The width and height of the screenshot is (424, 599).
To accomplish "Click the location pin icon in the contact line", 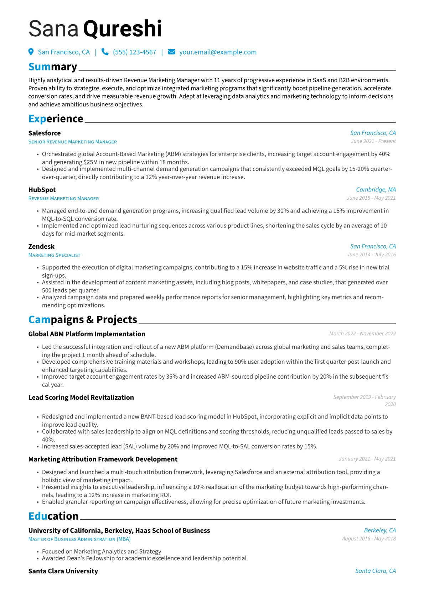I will pyautogui.click(x=31, y=52).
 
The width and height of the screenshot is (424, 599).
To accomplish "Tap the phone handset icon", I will pyautogui.click(x=105, y=52).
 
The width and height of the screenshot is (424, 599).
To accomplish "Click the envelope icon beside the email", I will pyautogui.click(x=171, y=52).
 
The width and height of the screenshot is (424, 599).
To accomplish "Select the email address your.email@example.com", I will pyautogui.click(x=218, y=52).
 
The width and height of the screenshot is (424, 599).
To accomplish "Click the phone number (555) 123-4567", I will pyautogui.click(x=134, y=52).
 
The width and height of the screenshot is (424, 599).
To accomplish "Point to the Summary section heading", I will pyautogui.click(x=53, y=67).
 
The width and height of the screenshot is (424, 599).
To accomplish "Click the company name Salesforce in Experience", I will pyautogui.click(x=45, y=133).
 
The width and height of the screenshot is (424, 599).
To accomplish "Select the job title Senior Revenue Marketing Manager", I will pyautogui.click(x=73, y=142).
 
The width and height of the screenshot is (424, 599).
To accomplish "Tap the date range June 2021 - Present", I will pyautogui.click(x=373, y=141).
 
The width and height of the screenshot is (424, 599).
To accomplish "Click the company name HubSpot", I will pyautogui.click(x=42, y=190).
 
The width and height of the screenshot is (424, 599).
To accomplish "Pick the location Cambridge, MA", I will pyautogui.click(x=376, y=190).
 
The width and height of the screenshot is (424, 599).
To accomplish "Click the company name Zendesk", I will pyautogui.click(x=41, y=247).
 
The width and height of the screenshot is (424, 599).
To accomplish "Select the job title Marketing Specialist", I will pyautogui.click(x=54, y=255).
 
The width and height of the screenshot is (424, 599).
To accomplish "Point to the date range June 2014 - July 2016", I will pyautogui.click(x=371, y=254).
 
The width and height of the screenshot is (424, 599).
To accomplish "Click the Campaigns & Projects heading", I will pyautogui.click(x=83, y=320).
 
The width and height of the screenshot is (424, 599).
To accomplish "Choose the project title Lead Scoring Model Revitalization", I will pyautogui.click(x=81, y=398).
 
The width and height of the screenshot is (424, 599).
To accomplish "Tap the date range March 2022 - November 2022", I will pyautogui.click(x=362, y=333).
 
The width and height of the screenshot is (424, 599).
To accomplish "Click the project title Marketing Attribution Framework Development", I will pyautogui.click(x=103, y=459).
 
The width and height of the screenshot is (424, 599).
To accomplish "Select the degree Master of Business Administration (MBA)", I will pyautogui.click(x=79, y=539).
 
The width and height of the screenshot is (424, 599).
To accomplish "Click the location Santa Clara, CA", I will pyautogui.click(x=376, y=571).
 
